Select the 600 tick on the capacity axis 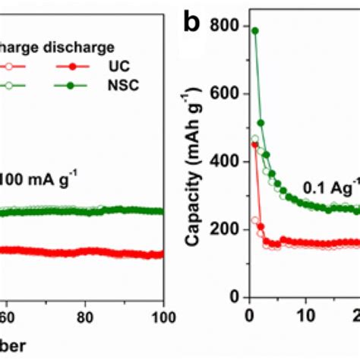(223, 93)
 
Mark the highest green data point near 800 (255, 30)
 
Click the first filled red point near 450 (255, 144)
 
